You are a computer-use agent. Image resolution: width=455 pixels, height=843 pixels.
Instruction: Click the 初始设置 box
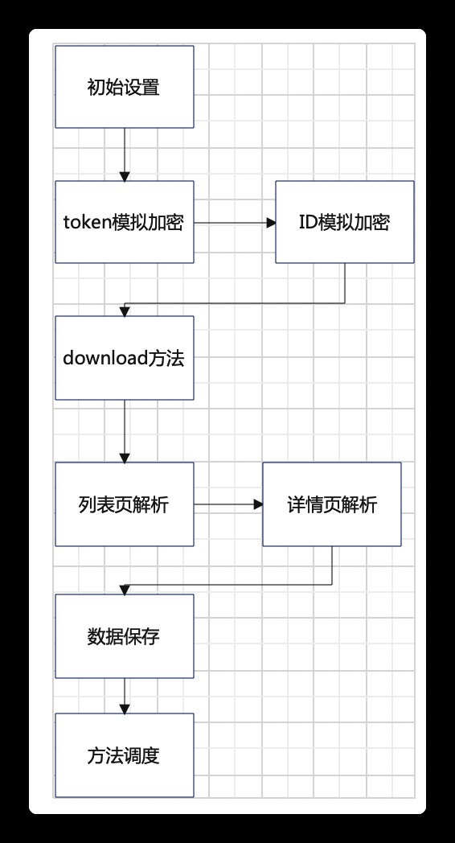pyautogui.click(x=124, y=87)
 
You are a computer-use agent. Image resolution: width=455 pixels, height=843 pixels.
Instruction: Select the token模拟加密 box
pyautogui.click(x=124, y=222)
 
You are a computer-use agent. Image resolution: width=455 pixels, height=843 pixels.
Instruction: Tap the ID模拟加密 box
pyautogui.click(x=345, y=222)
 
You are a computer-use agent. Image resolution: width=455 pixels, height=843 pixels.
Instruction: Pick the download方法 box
pyautogui.click(x=124, y=358)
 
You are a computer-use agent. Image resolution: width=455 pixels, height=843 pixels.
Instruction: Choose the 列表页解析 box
pyautogui.click(x=124, y=504)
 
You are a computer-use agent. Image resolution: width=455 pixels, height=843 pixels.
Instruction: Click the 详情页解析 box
pyautogui.click(x=331, y=504)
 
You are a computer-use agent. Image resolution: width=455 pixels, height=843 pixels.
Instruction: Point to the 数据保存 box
pyautogui.click(x=124, y=636)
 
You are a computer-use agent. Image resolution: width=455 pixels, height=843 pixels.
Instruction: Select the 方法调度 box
pyautogui.click(x=124, y=755)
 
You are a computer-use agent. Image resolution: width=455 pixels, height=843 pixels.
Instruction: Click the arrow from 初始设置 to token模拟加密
pyautogui.click(x=125, y=154)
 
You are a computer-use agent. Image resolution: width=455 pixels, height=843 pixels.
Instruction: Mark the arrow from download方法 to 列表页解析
pyautogui.click(x=125, y=431)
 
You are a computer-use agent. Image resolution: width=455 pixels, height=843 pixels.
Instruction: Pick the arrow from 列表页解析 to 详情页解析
pyautogui.click(x=228, y=504)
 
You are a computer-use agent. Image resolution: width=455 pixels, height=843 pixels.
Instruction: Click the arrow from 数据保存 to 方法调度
pyautogui.click(x=125, y=697)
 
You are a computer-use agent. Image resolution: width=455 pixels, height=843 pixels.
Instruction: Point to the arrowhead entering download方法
pyautogui.click(x=125, y=311)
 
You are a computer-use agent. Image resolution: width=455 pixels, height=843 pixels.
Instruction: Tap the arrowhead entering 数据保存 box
pyautogui.click(x=125, y=590)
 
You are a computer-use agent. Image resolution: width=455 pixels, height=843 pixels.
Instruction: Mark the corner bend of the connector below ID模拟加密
pyautogui.click(x=345, y=303)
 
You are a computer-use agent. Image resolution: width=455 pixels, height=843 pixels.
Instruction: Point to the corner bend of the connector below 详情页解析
pyautogui.click(x=331, y=585)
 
